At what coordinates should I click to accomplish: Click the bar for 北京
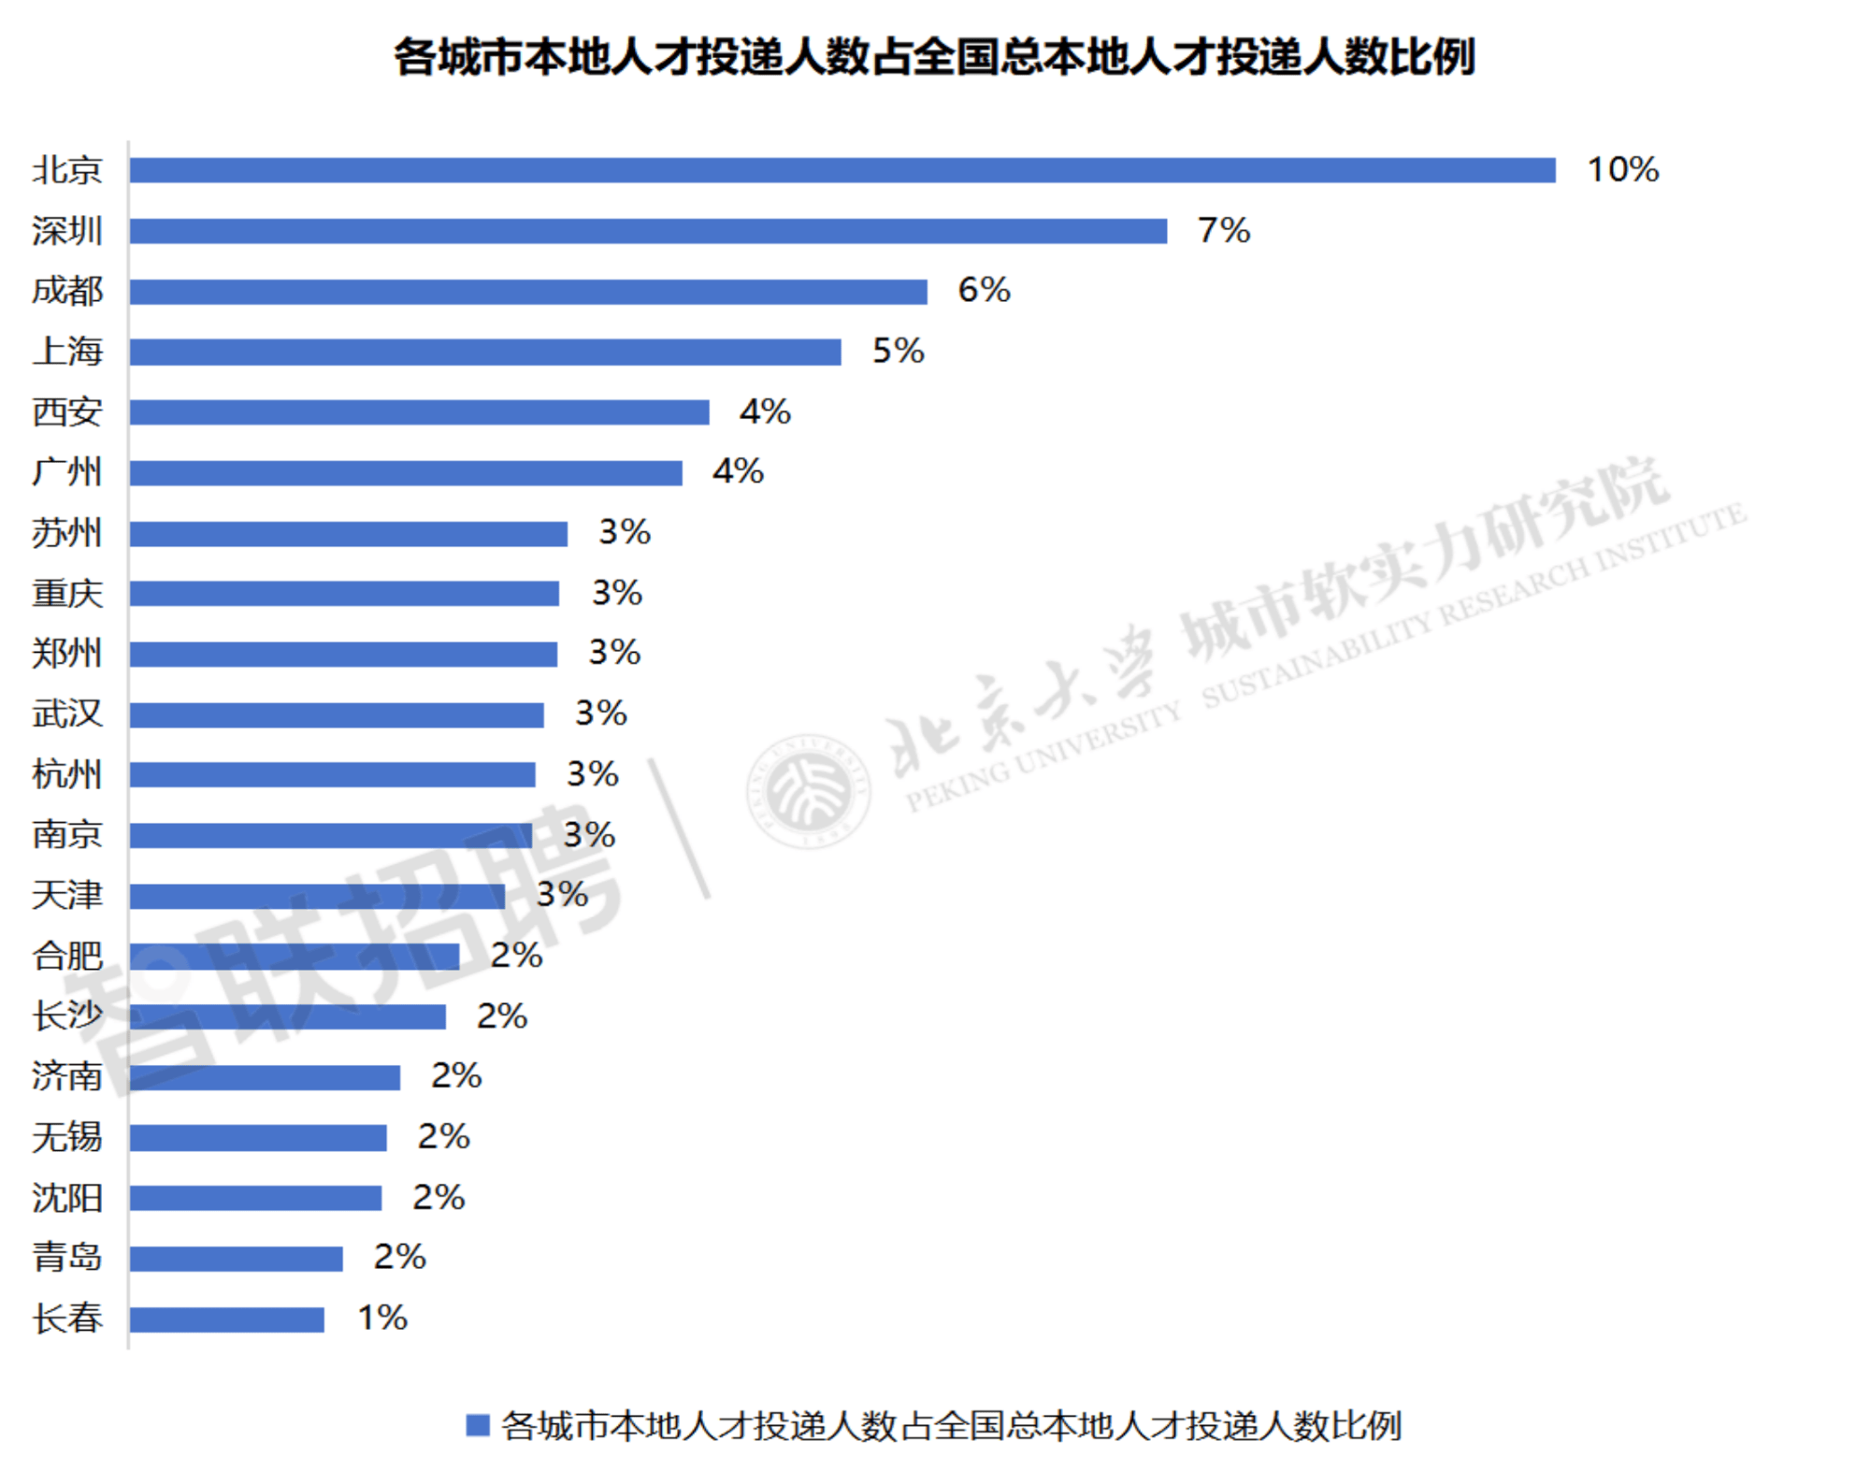[841, 170]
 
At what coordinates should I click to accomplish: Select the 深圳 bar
[648, 231]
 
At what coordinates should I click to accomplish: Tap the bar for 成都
[528, 292]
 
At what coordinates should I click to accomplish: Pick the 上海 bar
[485, 352]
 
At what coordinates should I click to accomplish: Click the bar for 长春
[227, 1319]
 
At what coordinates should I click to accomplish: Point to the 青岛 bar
[237, 1259]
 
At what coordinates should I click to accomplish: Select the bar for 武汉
[337, 715]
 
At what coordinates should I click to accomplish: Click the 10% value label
[1622, 169]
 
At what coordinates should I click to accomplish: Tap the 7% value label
[1224, 230]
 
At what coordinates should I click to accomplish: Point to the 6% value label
[984, 290]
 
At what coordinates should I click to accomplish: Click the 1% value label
[382, 1318]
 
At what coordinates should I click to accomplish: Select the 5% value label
[898, 351]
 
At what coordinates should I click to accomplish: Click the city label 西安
[67, 411]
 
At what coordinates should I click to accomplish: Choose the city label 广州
[67, 472]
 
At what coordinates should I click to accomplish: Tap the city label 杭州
[67, 774]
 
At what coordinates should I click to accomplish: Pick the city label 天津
[67, 895]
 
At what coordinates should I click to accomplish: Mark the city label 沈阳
[67, 1198]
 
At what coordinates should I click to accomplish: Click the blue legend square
[478, 1425]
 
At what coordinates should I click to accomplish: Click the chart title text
[935, 56]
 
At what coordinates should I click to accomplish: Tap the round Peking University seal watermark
[808, 791]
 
